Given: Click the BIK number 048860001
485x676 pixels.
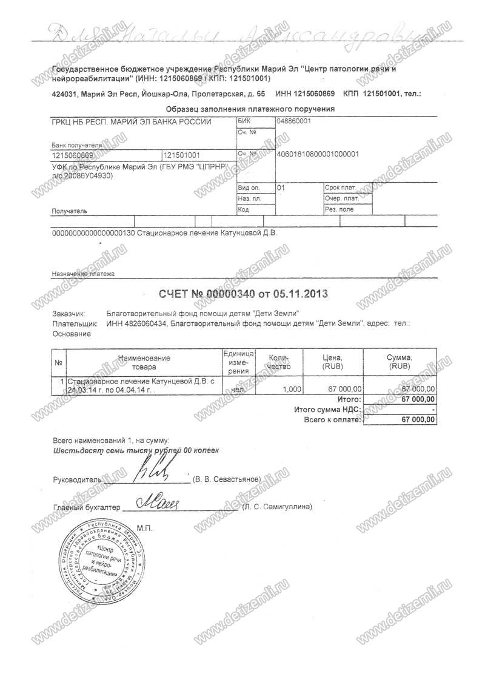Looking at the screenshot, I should (293, 121).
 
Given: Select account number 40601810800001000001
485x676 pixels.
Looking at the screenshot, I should (317, 154).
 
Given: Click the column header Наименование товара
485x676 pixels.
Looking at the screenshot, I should (144, 362).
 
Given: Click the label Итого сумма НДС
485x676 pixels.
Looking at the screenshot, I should (327, 410).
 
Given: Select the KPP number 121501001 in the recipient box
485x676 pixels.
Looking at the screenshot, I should (182, 155).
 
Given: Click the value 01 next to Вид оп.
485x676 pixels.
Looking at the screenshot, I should (280, 188).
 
